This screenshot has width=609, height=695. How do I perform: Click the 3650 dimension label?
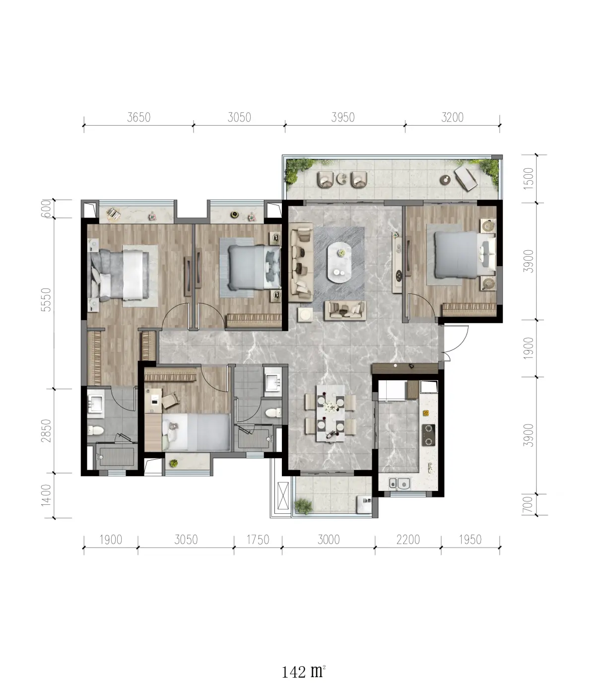[138, 117]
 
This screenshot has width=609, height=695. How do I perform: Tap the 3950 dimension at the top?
[343, 117]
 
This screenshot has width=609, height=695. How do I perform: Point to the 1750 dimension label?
[258, 540]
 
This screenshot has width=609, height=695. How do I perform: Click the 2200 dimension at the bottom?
[408, 540]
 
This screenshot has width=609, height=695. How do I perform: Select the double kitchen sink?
[400, 484]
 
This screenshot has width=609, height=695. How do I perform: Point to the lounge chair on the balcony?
[466, 178]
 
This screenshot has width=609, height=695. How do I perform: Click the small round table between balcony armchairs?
[342, 178]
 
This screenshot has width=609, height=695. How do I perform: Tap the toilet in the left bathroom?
[95, 430]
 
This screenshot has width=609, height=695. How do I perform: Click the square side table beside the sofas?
[305, 314]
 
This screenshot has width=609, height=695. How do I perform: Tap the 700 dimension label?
[528, 504]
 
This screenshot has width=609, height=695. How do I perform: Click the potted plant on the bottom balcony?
[304, 506]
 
